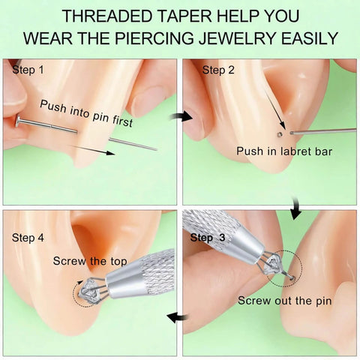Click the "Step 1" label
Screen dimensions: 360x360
pyautogui.click(x=28, y=70)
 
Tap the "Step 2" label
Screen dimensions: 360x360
pyautogui.click(x=218, y=70)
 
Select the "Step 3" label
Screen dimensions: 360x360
pyautogui.click(x=208, y=238)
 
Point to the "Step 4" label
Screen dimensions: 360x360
pyautogui.click(x=28, y=238)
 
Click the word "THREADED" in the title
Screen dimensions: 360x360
pyautogui.click(x=107, y=16)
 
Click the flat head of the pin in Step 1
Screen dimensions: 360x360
pyautogui.click(x=18, y=121)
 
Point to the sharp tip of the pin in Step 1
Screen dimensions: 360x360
pyautogui.click(x=156, y=150)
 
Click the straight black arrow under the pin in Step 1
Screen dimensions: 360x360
pyautogui.click(x=92, y=149)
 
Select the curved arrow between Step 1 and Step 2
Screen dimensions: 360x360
pyautogui.click(x=181, y=116)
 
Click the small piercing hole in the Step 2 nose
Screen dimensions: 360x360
pyautogui.click(x=280, y=135)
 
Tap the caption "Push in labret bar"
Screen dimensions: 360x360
pyautogui.click(x=284, y=151)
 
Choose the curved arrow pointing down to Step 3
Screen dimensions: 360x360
pyautogui.click(x=296, y=208)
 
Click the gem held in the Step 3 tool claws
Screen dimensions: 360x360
pyautogui.click(x=273, y=263)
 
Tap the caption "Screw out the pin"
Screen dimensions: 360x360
pyautogui.click(x=285, y=301)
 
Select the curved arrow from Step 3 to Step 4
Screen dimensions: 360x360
pyautogui.click(x=178, y=317)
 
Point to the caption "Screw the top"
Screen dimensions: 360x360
pyautogui.click(x=90, y=261)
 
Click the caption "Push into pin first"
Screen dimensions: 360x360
pyautogui.click(x=86, y=113)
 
